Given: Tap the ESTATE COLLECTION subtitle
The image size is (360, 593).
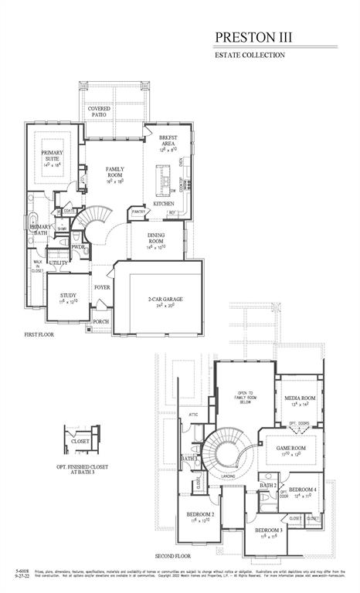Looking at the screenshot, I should coord(250,56).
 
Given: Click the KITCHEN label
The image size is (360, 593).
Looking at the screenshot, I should coord(175,203).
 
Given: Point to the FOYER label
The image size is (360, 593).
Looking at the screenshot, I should coord(102,287).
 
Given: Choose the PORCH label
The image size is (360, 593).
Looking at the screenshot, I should coord(101,322).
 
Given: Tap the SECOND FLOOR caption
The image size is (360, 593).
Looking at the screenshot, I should coord(173,556).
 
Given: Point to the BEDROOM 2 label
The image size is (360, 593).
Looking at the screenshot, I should coord(200,517).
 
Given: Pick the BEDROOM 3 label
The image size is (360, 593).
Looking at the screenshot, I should coord(268,531).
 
